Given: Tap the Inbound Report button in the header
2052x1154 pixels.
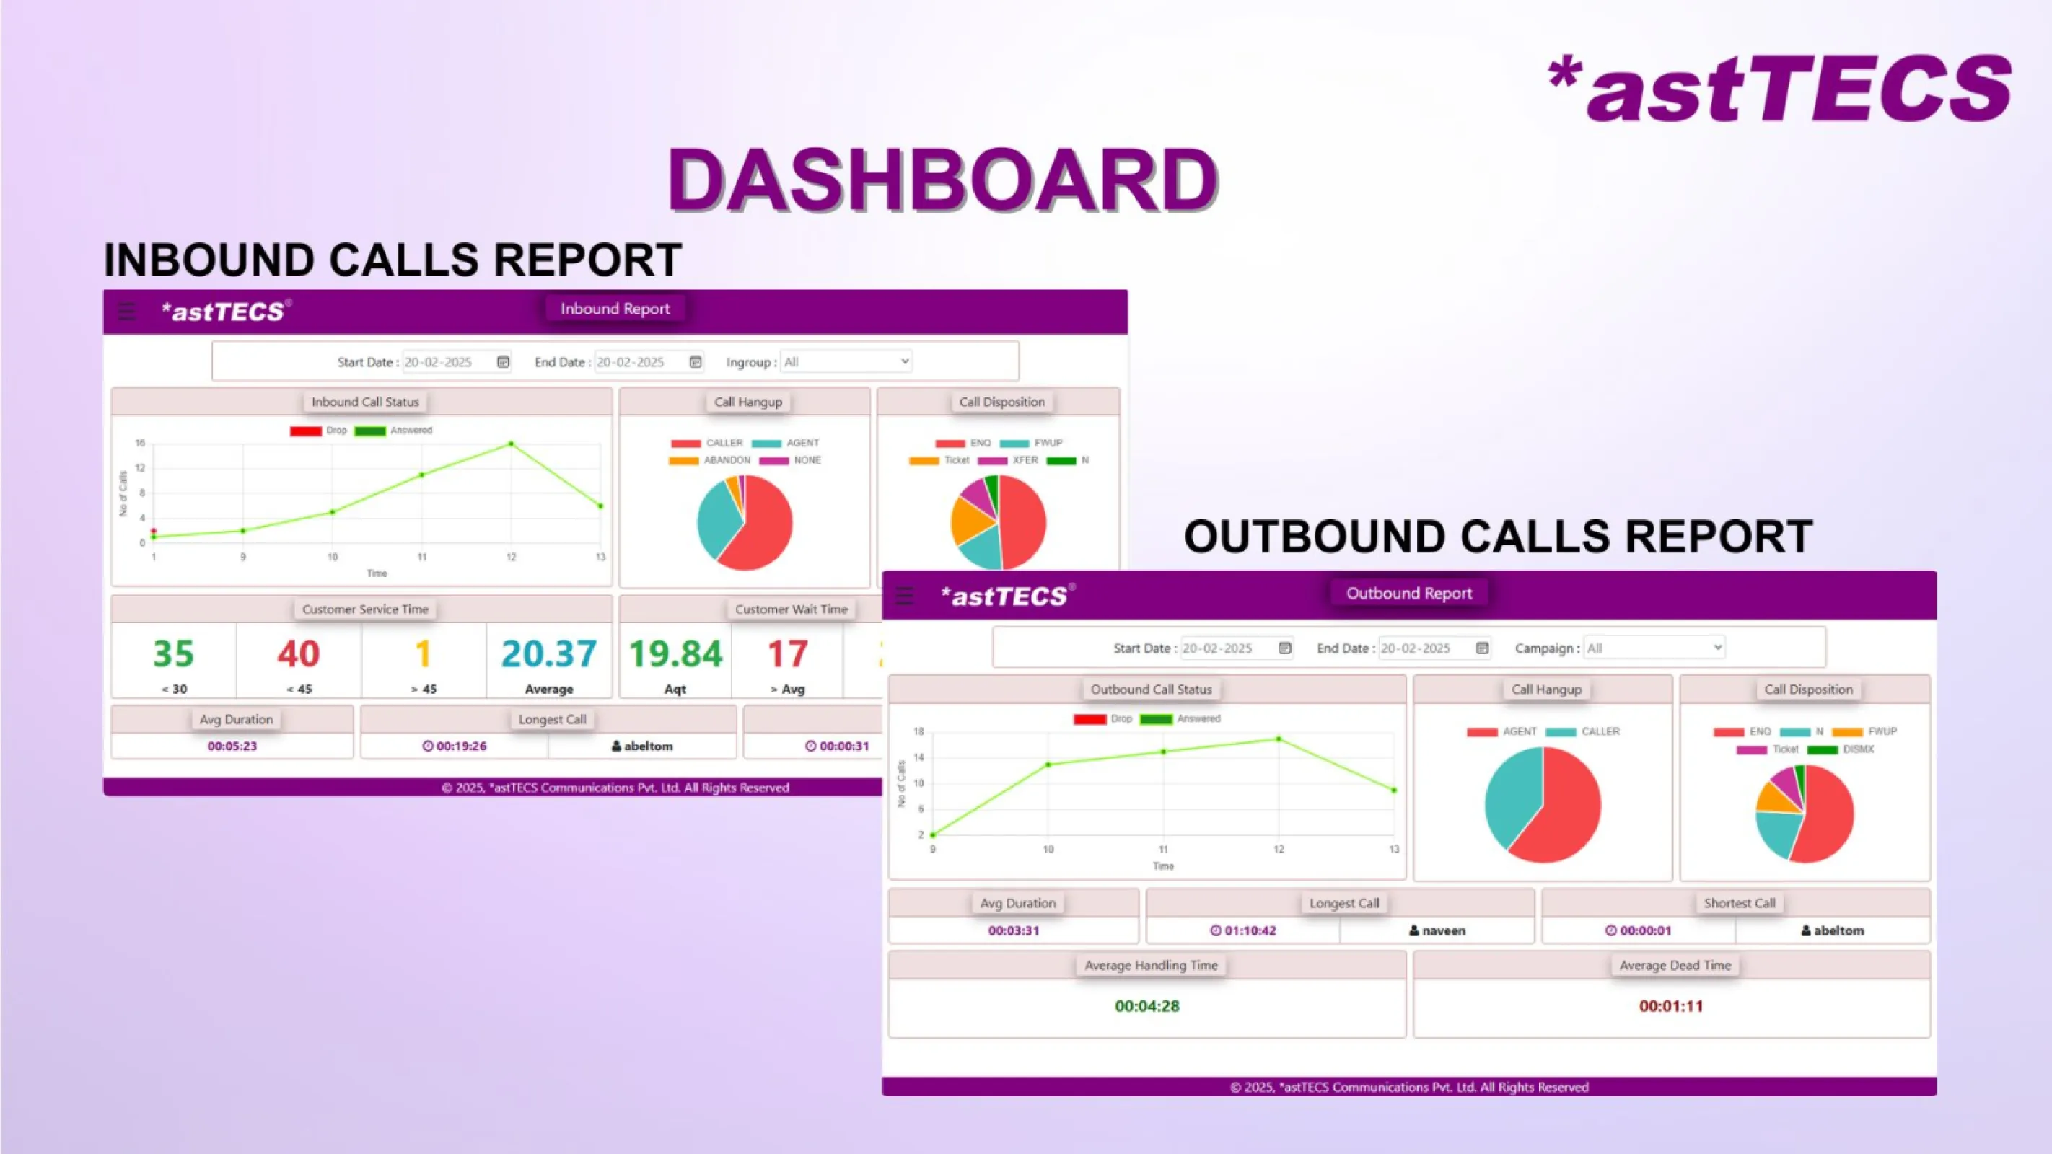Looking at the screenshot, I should click(614, 309).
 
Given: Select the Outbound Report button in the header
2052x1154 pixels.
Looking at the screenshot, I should click(1408, 594).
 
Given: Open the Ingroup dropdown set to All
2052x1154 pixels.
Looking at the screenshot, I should click(846, 361).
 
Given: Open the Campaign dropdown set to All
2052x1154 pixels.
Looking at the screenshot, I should click(1654, 648).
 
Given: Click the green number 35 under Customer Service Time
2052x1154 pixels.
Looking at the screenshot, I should click(173, 654).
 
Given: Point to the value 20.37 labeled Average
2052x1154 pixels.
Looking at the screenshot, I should click(549, 654).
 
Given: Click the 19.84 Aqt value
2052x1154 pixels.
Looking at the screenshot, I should click(675, 654).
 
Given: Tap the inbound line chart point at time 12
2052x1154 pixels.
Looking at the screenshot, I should click(512, 444).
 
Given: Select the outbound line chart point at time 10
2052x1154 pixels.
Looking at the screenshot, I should click(1048, 765).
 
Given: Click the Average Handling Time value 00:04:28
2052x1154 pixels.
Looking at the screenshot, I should click(1147, 1006).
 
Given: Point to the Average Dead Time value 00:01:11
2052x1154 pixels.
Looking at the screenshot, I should click(1670, 1006).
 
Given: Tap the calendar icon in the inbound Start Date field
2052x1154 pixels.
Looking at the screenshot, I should click(504, 362).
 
